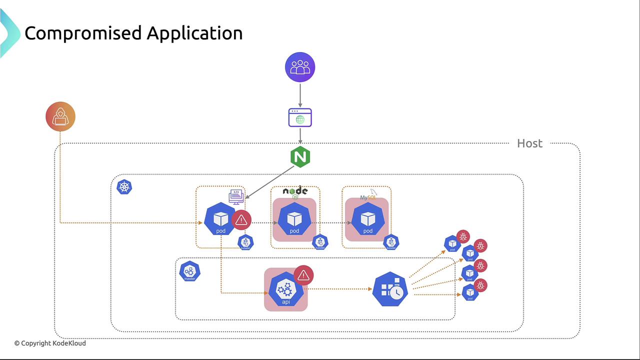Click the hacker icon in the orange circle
[60, 116]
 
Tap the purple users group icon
[300, 67]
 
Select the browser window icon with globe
[300, 118]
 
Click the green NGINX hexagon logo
[300, 157]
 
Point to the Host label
[529, 143]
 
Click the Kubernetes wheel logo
[124, 187]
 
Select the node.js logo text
[295, 190]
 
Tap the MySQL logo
[368, 196]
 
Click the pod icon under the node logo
[294, 220]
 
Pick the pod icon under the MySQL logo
[367, 220]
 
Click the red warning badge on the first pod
[241, 220]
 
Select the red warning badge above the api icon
[303, 275]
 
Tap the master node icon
[189, 271]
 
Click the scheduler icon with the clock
[390, 289]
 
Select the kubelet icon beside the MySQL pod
[391, 242]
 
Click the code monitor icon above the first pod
[236, 196]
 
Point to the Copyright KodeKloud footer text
[50, 343]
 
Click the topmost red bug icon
[463, 236]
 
